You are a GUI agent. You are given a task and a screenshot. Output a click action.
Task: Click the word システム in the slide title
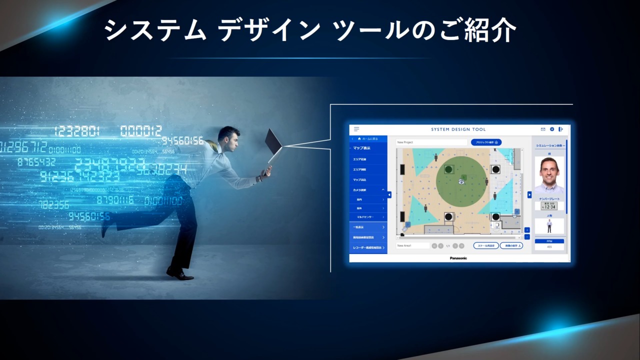tap(155, 31)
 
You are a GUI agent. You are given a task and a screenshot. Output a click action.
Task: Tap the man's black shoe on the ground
tap(179, 273)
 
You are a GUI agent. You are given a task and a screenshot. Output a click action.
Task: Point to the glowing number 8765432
tap(36, 162)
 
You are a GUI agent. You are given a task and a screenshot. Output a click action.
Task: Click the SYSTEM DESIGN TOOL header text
tap(458, 129)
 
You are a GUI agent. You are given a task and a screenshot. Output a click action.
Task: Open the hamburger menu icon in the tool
tap(356, 129)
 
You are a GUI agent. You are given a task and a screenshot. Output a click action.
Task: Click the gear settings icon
tap(552, 129)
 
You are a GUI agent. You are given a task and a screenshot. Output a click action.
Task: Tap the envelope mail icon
tap(543, 129)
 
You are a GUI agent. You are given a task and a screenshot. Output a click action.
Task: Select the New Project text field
tap(431, 142)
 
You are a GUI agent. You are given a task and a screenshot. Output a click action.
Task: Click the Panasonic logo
tap(458, 258)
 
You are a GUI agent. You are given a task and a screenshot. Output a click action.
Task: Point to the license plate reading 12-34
tap(549, 206)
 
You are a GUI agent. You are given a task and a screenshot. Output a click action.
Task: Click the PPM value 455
tap(549, 246)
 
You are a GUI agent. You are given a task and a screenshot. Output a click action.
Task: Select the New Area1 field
tap(412, 245)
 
